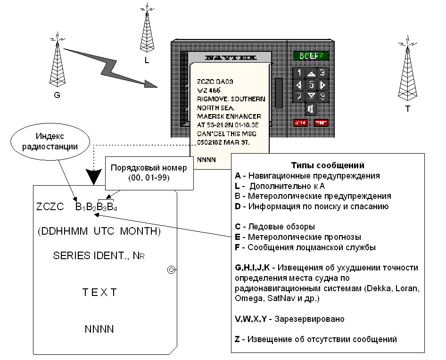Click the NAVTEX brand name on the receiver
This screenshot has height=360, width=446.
pyautogui.click(x=230, y=58)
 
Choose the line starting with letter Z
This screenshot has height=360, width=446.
pyautogui.click(x=315, y=339)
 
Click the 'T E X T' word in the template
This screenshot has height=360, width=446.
pyautogui.click(x=99, y=293)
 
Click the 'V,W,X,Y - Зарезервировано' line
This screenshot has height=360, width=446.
pyautogui.click(x=289, y=319)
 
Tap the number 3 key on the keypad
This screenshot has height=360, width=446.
pyautogui.click(x=322, y=73)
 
